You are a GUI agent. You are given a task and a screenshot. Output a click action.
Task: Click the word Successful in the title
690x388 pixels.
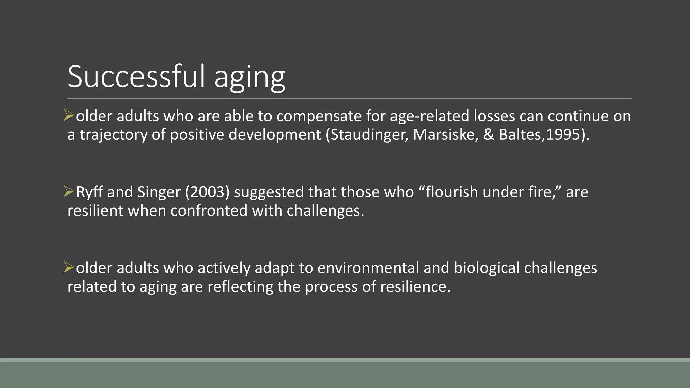click(x=136, y=76)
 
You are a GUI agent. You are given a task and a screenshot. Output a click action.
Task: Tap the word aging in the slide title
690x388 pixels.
click(x=250, y=78)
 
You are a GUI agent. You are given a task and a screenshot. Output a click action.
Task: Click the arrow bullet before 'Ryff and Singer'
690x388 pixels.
click(x=69, y=192)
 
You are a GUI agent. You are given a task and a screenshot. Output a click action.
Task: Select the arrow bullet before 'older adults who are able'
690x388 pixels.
click(x=69, y=116)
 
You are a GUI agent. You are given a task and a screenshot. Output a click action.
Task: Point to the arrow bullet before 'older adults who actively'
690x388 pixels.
click(x=69, y=268)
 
